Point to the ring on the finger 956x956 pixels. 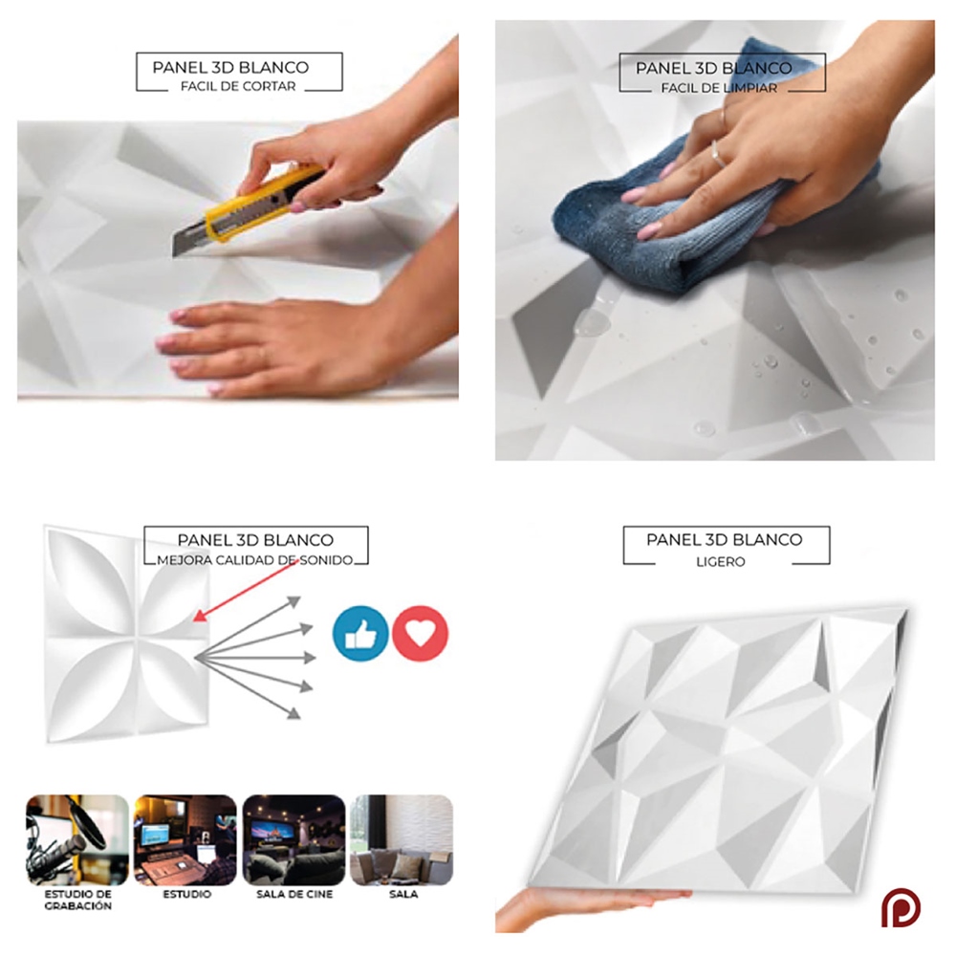tap(718, 154)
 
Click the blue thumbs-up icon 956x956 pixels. tap(360, 634)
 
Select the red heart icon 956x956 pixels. tap(420, 634)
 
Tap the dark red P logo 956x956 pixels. tap(901, 908)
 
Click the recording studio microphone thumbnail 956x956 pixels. tap(77, 839)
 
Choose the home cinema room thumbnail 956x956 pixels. tap(293, 839)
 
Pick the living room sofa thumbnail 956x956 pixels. tap(402, 839)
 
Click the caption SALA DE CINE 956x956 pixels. tap(294, 895)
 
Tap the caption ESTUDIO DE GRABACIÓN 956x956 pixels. tap(78, 900)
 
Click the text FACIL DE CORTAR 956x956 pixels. tap(238, 87)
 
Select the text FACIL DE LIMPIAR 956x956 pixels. tap(719, 88)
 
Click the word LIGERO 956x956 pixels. tap(721, 561)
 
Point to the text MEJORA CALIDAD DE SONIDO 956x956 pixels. tap(255, 560)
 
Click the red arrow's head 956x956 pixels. tap(199, 617)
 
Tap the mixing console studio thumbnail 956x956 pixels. tap(185, 839)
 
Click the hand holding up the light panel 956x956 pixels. tap(585, 907)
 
